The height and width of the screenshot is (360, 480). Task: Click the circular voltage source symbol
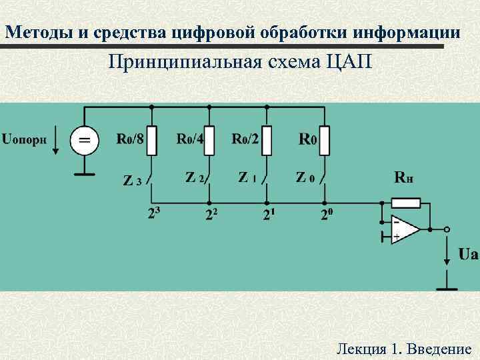pos(85,141)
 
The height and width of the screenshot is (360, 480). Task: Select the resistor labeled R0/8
pos(153,141)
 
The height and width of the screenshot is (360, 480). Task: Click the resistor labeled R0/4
pos(209,141)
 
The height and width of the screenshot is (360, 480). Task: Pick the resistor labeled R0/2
pos(267,141)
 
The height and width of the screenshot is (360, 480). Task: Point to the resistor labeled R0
pos(325,141)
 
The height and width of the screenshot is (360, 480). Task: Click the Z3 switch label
pos(133,181)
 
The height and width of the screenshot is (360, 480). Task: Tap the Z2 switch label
pos(194,177)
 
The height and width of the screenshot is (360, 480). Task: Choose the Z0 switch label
pos(304,177)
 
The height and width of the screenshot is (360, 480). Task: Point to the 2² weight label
pos(212,215)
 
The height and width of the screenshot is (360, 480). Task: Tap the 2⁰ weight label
pos(326,215)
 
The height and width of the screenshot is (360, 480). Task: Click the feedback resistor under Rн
pos(406,203)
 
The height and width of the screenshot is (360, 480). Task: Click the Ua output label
pos(468,254)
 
